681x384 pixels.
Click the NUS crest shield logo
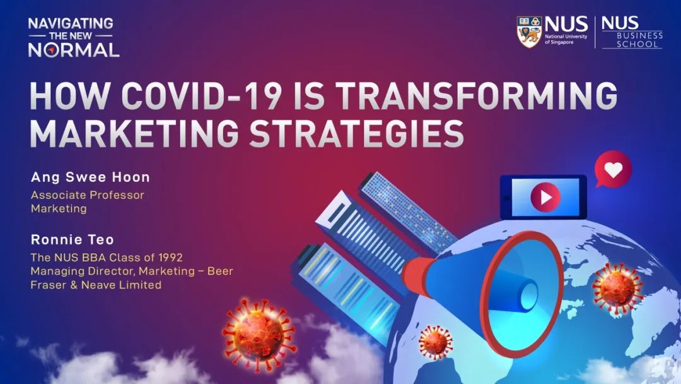530,32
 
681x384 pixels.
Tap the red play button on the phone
545,198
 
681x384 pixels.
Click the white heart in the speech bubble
614,170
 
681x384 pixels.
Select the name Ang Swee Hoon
90,177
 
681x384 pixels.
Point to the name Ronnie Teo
72,239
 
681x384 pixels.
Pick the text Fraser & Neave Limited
96,285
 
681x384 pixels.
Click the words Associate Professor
87,195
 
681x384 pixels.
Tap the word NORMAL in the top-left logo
73,50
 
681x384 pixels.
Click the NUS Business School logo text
632,32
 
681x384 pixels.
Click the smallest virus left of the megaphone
435,342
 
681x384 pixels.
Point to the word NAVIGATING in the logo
71,23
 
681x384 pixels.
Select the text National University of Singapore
566,39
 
